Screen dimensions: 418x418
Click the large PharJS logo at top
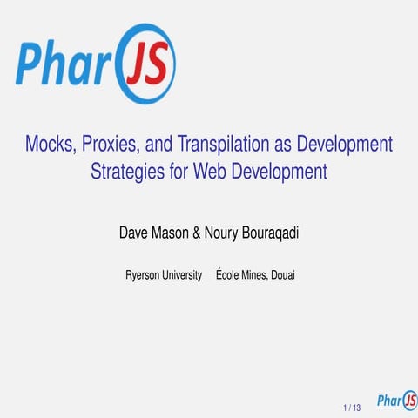pyautogui.click(x=97, y=64)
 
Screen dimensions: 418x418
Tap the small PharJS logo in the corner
pyautogui.click(x=395, y=401)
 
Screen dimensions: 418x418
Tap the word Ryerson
pyautogui.click(x=143, y=276)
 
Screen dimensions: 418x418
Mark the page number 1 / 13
pyautogui.click(x=352, y=407)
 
